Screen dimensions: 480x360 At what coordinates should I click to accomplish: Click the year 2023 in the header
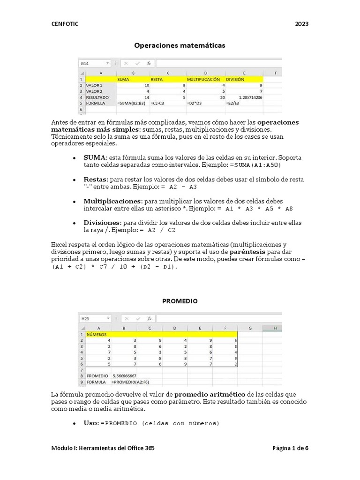302,24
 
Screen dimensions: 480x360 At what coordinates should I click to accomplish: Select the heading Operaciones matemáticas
180,45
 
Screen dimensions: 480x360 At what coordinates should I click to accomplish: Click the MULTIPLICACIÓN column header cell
204,80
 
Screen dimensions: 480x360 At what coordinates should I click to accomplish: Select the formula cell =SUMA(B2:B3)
132,103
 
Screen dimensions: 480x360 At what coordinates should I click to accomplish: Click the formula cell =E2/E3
232,103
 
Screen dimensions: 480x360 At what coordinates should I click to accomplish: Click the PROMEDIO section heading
180,301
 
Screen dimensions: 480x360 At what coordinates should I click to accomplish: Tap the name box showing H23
94,318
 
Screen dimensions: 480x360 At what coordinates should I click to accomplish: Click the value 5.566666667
124,376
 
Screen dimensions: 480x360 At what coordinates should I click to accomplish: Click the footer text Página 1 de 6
290,448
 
